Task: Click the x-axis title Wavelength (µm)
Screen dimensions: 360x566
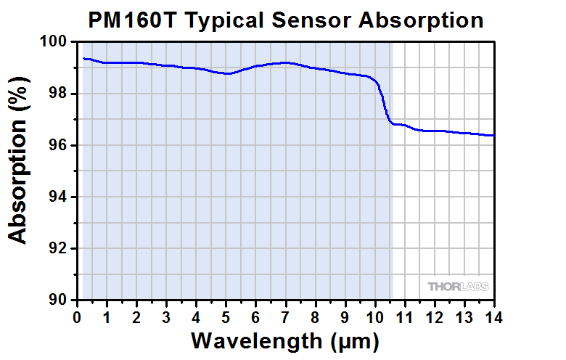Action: (285, 340)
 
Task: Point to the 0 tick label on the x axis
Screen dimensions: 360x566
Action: (77, 316)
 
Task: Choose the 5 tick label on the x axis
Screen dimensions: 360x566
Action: (226, 316)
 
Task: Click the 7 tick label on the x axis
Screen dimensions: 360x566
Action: (285, 316)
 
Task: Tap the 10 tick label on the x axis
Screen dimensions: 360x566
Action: (374, 316)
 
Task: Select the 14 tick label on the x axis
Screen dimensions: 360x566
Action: (493, 316)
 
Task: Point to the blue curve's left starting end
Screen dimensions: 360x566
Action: (84, 58)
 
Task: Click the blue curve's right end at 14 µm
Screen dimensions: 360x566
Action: (493, 135)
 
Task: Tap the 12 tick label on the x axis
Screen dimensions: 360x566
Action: (434, 316)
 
